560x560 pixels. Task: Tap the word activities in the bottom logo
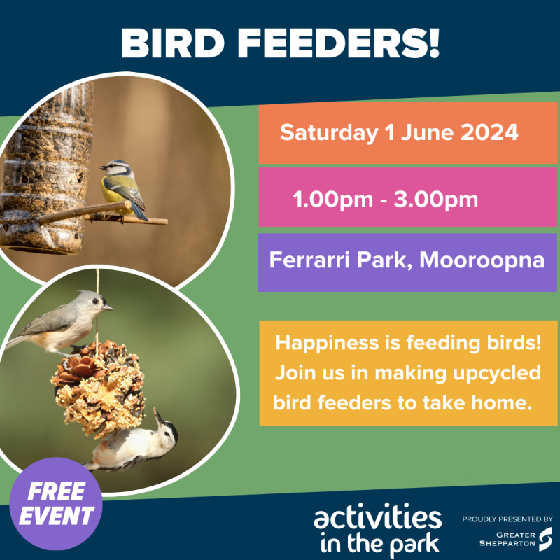point(378,519)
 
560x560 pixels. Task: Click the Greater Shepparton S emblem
point(546,538)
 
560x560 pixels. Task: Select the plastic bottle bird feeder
point(45,168)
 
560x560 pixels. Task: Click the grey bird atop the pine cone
point(63,322)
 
